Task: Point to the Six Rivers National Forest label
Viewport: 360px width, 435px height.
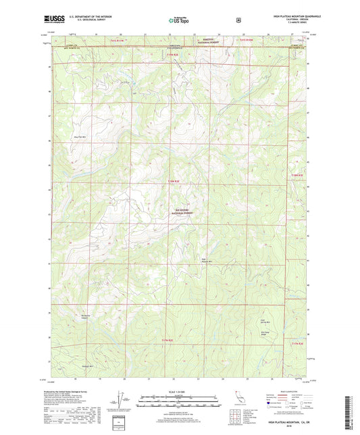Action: pyautogui.click(x=178, y=211)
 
